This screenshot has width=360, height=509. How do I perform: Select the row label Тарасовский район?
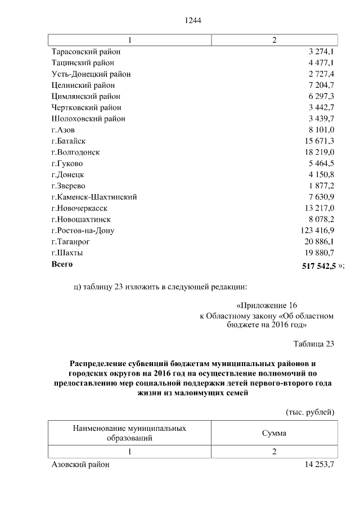85,52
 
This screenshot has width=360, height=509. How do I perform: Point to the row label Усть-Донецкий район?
91,74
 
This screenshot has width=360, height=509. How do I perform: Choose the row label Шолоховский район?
88,119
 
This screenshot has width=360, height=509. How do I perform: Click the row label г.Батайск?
69,141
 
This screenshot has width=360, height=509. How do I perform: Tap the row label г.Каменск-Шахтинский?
94,197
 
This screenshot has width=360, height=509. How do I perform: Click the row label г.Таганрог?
71,241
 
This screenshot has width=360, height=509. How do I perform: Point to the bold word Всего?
62,263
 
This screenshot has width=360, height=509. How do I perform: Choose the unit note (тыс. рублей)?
310,412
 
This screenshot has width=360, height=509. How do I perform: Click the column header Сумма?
274,433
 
